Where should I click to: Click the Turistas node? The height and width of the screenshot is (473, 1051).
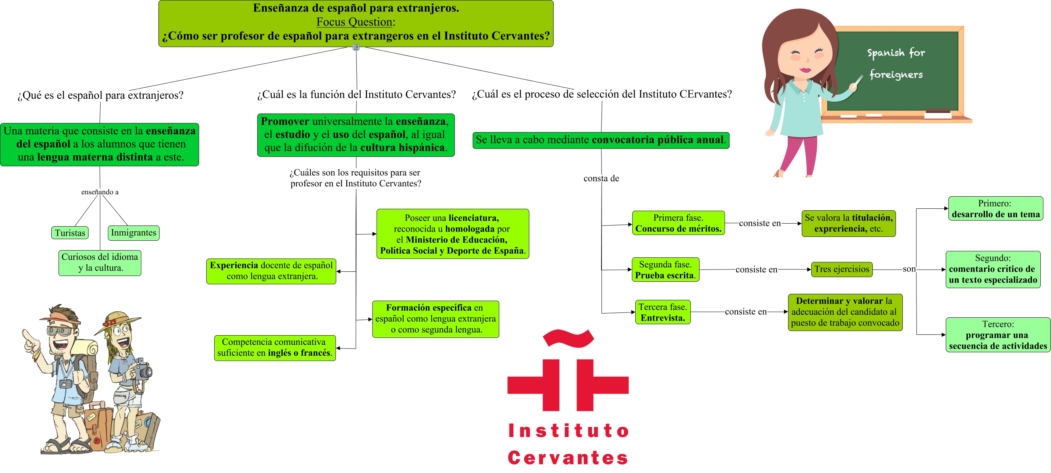[x=70, y=233]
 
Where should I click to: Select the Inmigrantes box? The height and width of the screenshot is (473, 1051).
[x=133, y=233]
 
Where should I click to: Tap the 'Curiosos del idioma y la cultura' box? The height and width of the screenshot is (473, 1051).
[x=100, y=263]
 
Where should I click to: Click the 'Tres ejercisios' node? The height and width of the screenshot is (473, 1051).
[x=841, y=269]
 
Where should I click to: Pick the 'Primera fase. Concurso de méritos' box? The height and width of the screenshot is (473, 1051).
[x=678, y=223]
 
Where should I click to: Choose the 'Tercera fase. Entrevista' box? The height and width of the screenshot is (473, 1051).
[x=663, y=312]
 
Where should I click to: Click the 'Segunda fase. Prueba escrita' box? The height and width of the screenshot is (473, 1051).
[x=665, y=270]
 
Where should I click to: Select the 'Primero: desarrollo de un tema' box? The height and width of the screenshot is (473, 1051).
[x=995, y=209]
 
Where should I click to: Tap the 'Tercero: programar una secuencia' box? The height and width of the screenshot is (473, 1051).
[x=997, y=335]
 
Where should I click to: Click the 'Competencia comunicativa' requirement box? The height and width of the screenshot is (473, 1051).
[x=275, y=347]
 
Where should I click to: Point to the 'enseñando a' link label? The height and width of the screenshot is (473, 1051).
[x=100, y=192]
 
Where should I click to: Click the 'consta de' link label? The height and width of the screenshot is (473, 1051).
[x=601, y=178]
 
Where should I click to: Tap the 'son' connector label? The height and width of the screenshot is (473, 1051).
[x=909, y=269]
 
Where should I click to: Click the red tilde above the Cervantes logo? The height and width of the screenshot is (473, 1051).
[x=568, y=338]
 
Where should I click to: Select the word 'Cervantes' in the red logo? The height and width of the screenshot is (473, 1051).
[x=568, y=458]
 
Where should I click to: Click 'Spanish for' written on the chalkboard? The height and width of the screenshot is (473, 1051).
[x=896, y=53]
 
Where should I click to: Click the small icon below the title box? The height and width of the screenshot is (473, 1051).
[x=356, y=47]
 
